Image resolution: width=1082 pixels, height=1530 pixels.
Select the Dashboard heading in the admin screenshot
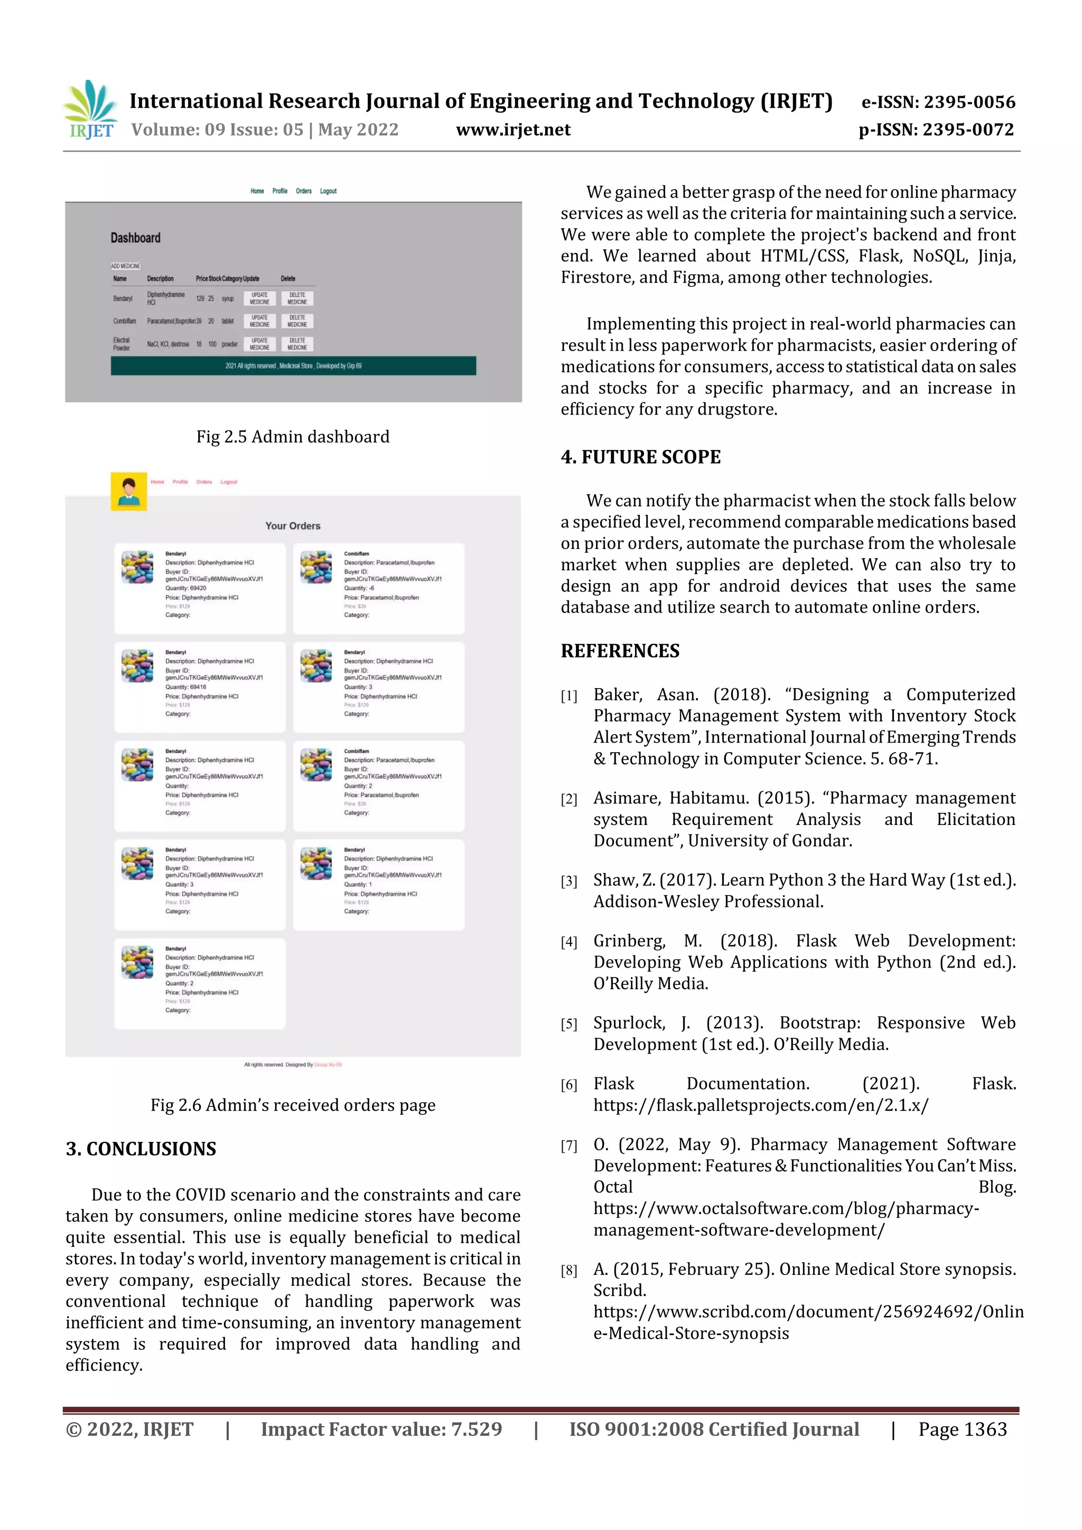pyautogui.click(x=135, y=238)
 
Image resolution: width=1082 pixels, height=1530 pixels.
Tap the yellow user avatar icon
pyautogui.click(x=129, y=491)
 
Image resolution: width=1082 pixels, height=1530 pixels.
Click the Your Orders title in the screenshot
pyautogui.click(x=293, y=526)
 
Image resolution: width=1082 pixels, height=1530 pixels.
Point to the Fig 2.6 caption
pyautogui.click(x=293, y=1105)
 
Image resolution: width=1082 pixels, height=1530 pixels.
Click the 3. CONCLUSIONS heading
pyautogui.click(x=141, y=1149)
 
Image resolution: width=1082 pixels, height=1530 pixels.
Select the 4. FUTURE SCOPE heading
pyautogui.click(x=641, y=457)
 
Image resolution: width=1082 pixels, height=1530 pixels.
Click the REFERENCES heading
pyautogui.click(x=620, y=651)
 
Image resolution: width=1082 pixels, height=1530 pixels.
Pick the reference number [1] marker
pyautogui.click(x=568, y=697)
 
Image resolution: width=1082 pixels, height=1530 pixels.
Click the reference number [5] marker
pyautogui.click(x=568, y=1024)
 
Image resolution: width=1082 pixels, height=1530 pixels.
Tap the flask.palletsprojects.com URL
pyautogui.click(x=761, y=1105)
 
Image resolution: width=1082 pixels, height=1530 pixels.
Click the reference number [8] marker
pyautogui.click(x=568, y=1271)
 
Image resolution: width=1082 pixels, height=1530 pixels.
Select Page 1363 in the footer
pyautogui.click(x=962, y=1429)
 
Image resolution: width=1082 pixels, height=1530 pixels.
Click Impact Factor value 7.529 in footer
pyautogui.click(x=381, y=1429)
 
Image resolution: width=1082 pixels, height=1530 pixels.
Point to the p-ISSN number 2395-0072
pyautogui.click(x=936, y=130)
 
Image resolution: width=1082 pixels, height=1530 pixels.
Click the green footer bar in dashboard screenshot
pyautogui.click(x=293, y=366)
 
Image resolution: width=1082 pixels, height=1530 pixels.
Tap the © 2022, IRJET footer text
pyautogui.click(x=129, y=1429)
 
